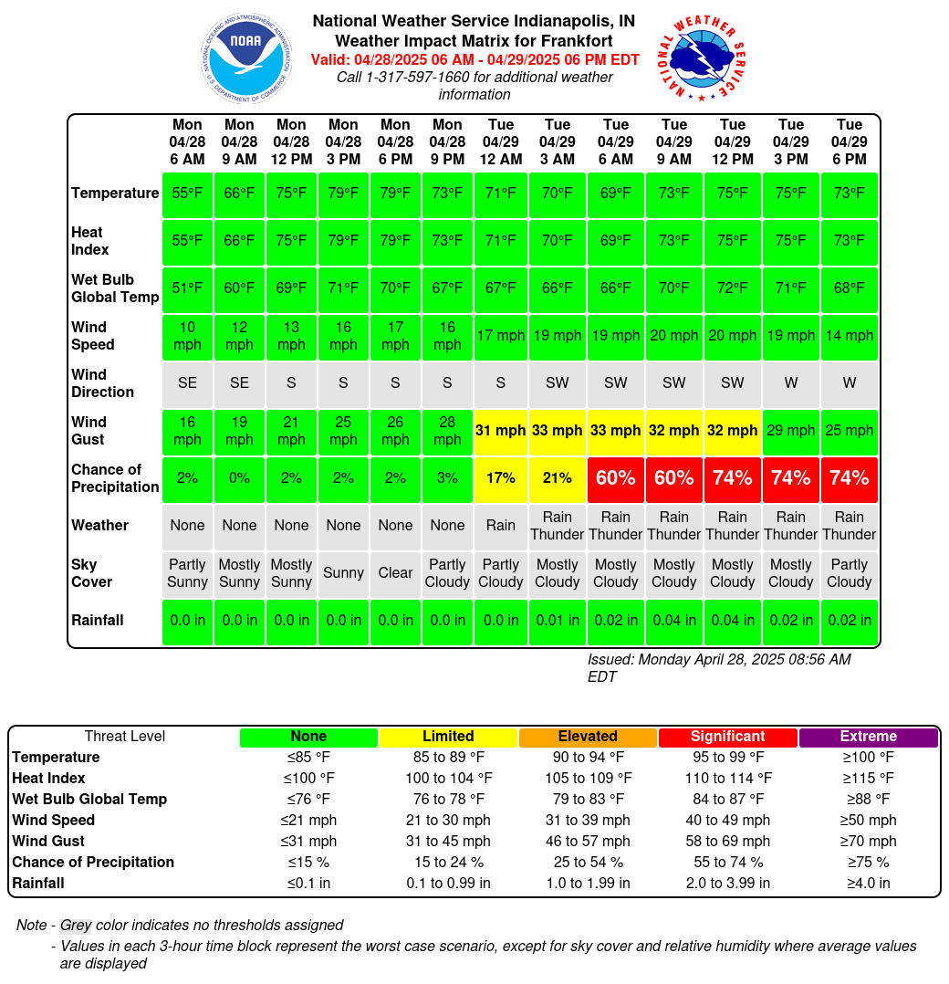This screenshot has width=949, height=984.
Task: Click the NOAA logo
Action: (246, 58)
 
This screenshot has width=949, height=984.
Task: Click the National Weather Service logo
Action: (702, 58)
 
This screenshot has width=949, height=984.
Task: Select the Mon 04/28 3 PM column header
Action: (343, 141)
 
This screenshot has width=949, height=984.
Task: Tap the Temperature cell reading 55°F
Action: (187, 194)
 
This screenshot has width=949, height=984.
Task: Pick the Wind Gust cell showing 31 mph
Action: (500, 431)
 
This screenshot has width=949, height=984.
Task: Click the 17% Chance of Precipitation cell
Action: (500, 478)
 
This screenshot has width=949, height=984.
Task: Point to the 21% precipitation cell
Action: (557, 478)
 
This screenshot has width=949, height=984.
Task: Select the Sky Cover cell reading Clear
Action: (395, 573)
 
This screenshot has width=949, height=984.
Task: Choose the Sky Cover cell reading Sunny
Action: (343, 573)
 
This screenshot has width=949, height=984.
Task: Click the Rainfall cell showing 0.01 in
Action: (557, 621)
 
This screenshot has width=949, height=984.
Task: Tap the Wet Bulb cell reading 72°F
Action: (732, 288)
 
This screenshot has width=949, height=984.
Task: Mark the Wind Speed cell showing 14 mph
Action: (850, 336)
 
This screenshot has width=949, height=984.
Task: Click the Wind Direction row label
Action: (102, 382)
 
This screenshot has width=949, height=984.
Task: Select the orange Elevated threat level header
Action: (588, 737)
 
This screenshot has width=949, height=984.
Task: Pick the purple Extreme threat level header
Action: (868, 737)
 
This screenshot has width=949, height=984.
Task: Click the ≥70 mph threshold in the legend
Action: (868, 841)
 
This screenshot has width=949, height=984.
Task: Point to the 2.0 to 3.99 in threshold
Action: (727, 883)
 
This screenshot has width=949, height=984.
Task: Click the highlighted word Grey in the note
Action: (76, 925)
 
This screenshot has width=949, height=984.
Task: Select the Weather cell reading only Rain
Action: (500, 525)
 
